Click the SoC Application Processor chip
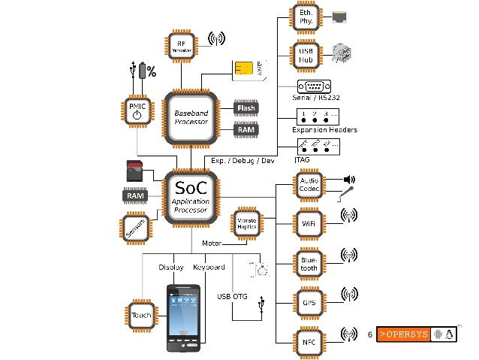(191, 197)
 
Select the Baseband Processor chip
(191, 117)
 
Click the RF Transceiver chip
(181, 45)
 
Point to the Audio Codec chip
(309, 186)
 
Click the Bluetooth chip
(309, 263)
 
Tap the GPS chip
(309, 303)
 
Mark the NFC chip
(309, 340)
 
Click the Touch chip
(141, 316)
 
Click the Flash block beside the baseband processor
(246, 108)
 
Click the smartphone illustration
(182, 318)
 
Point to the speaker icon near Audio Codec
(348, 180)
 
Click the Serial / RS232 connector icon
(313, 86)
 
